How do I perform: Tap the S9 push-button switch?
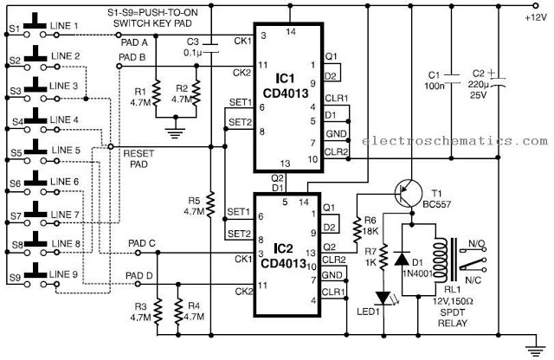point(35,275)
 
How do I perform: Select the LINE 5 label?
point(66,151)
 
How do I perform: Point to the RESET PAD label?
point(138,159)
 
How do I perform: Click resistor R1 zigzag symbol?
point(156,92)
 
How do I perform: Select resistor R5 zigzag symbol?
point(210,204)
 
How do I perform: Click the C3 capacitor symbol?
point(211,48)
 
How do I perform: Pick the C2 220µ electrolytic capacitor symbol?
point(498,82)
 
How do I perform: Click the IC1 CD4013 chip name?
point(286,87)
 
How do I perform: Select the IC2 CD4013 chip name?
point(283,256)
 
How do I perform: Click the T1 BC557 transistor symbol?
point(409,193)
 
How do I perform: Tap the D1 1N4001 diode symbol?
point(402,259)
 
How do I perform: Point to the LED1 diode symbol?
point(383,298)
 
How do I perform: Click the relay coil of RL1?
point(441,260)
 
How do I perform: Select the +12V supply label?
point(536,17)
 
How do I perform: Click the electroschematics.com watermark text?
point(454,141)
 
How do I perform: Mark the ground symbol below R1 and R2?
point(176,132)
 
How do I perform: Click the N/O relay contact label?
point(477,243)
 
